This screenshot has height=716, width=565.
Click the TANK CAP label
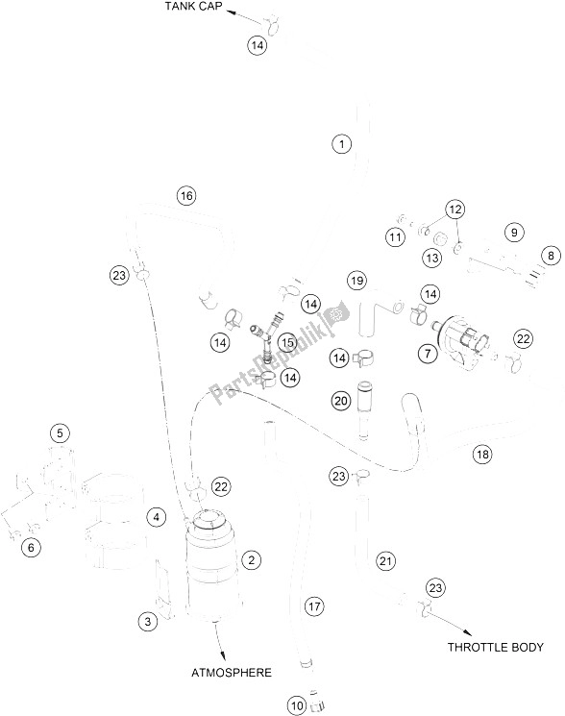point(193,6)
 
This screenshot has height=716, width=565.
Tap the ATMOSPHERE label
point(232,672)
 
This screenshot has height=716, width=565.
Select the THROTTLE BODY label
point(495,647)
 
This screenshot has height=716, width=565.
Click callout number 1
point(341,144)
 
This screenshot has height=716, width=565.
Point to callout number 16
point(186,196)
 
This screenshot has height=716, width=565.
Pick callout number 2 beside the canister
point(252,559)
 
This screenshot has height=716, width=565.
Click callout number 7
point(428,353)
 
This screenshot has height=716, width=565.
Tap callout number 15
point(287,342)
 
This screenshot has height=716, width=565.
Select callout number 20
point(341,401)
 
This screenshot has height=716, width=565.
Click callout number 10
point(297,705)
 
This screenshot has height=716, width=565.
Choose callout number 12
point(454,210)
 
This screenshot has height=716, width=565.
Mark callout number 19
point(356,280)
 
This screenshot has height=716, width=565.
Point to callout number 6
point(31,547)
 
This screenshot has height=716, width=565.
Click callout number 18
point(482,454)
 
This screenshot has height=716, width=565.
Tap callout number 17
point(314,606)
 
